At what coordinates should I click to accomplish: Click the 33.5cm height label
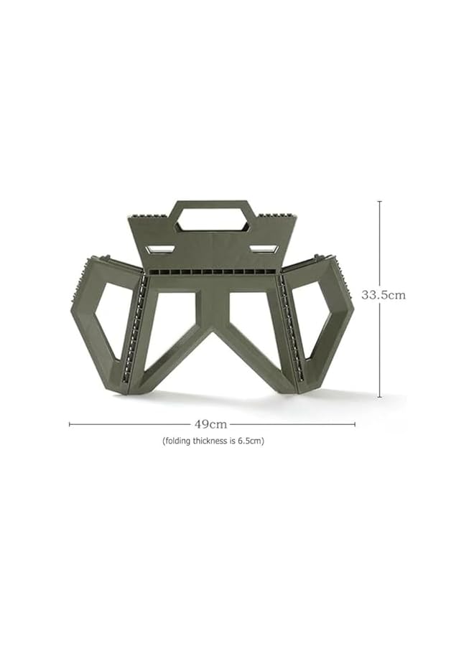point(383,295)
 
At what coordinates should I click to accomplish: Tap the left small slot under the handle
point(159,249)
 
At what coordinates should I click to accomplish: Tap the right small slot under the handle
point(264,249)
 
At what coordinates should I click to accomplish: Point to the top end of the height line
point(380,202)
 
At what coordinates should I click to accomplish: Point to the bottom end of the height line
point(380,396)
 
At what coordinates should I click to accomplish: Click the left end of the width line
point(70,424)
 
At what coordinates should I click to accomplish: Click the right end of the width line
point(355,424)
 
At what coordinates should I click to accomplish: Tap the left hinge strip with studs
point(134,330)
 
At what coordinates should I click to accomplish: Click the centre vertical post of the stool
point(212,309)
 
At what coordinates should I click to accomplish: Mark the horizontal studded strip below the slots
point(212,272)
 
